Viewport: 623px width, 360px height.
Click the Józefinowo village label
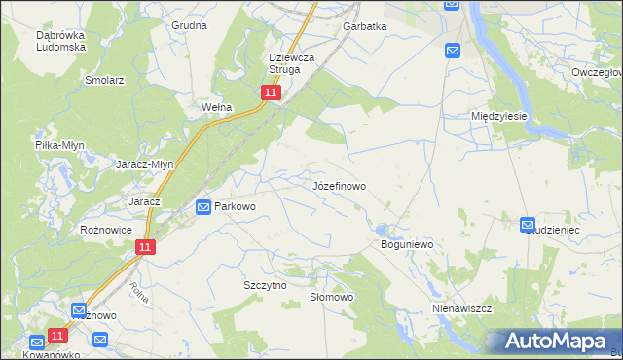point(339,184)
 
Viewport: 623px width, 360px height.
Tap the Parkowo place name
point(235,206)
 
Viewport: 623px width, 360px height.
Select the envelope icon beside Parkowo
point(203,206)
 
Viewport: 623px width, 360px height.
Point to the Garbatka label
point(365,27)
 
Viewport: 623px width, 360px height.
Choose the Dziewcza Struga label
point(291,63)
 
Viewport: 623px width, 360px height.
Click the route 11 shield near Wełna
point(271,92)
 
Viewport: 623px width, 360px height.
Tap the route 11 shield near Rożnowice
point(144,248)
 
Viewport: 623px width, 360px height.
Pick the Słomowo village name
point(330,297)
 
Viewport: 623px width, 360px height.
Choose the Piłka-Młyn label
point(60,145)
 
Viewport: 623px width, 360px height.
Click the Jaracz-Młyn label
point(145,164)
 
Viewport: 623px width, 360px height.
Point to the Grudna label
point(190,25)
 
